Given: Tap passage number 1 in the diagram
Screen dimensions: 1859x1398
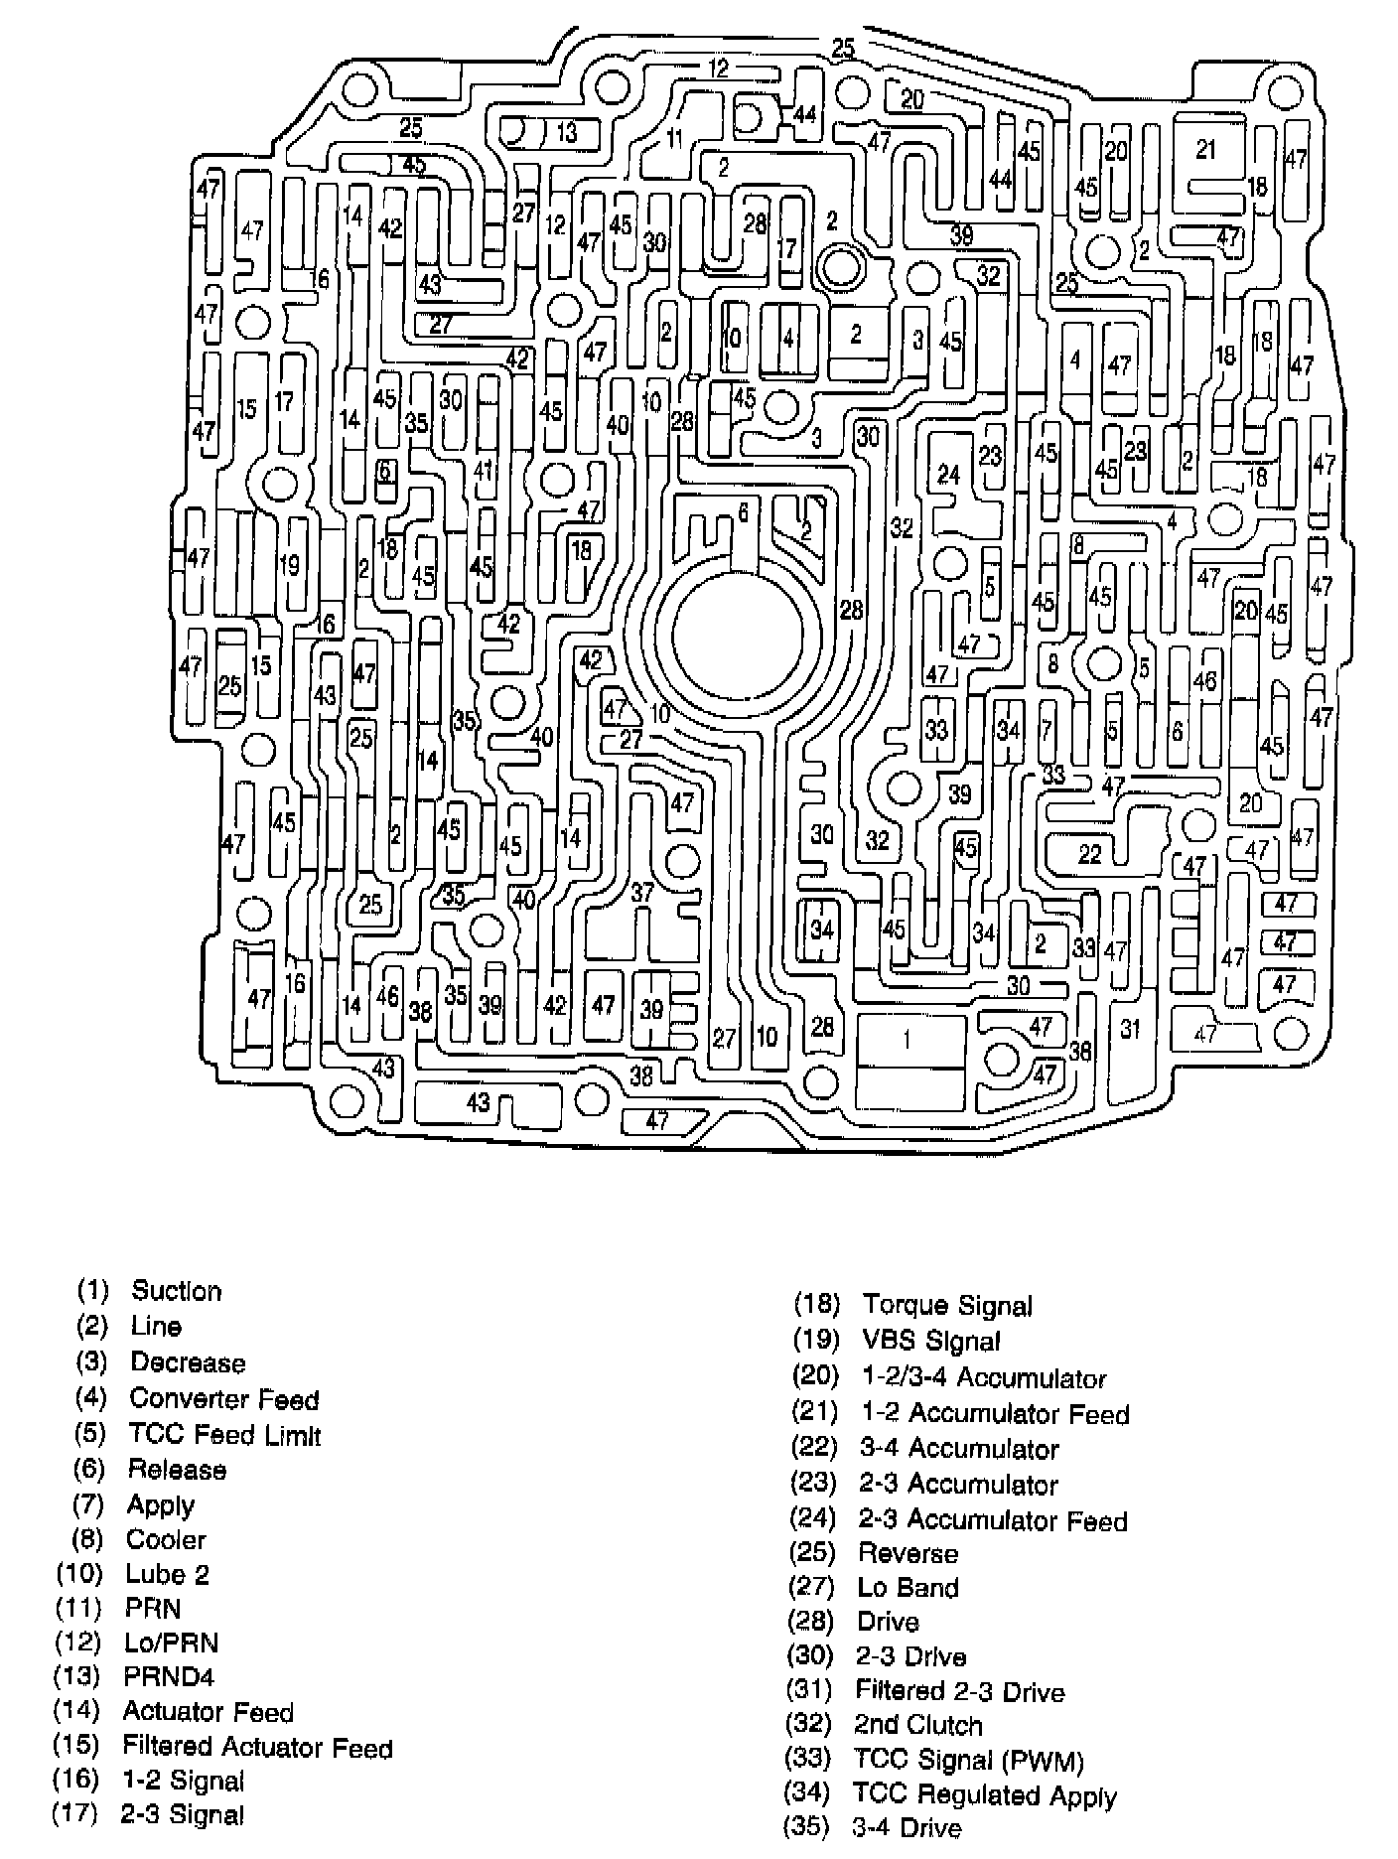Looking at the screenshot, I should [907, 1040].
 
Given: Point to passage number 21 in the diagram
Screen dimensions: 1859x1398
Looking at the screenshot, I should [1205, 149].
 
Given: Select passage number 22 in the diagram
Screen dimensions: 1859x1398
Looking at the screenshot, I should [1090, 853].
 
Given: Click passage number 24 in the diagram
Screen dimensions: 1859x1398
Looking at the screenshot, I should [948, 475].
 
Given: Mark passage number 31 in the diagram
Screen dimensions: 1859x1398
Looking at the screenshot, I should [1130, 1029].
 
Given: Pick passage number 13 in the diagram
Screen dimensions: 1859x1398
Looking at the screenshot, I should [566, 132].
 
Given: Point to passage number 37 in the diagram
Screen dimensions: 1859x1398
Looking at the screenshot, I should [642, 892].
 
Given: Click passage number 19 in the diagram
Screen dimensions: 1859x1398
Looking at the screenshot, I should [289, 566].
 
